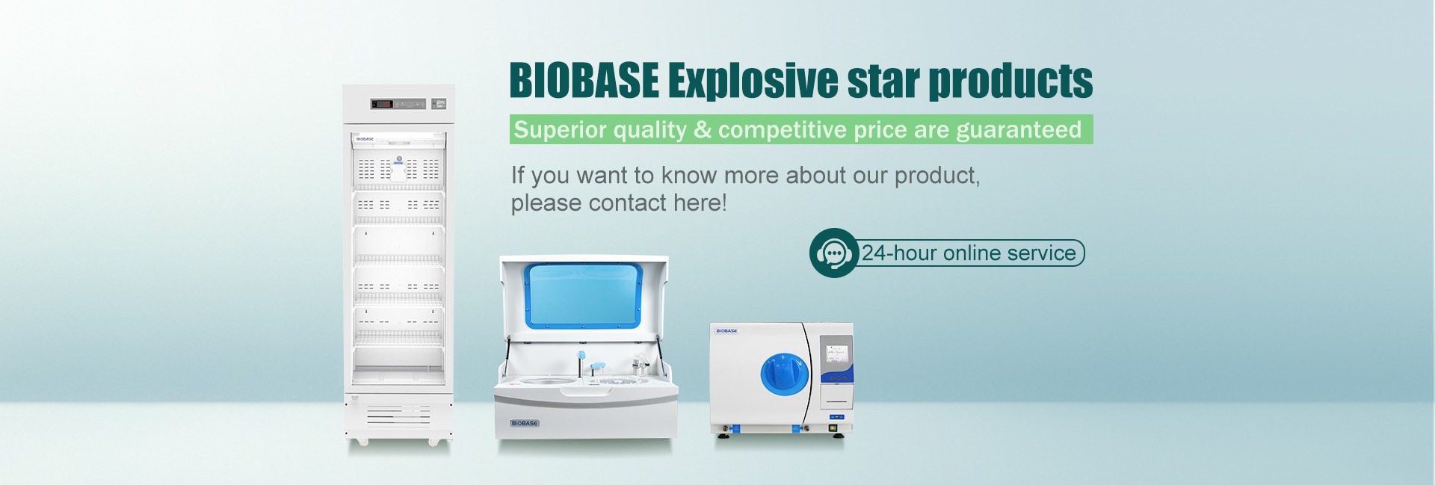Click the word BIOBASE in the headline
click(x=584, y=81)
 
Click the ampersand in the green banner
click(x=703, y=130)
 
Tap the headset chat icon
click(x=833, y=253)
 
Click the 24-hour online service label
click(x=969, y=253)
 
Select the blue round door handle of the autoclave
click(x=785, y=374)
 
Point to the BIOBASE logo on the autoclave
click(x=726, y=330)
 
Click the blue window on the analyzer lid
click(x=584, y=294)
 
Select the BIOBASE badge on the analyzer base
click(x=525, y=423)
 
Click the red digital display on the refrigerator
click(x=383, y=104)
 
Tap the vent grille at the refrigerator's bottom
click(x=398, y=415)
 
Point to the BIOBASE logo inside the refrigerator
click(x=365, y=139)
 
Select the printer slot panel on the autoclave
click(x=836, y=398)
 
